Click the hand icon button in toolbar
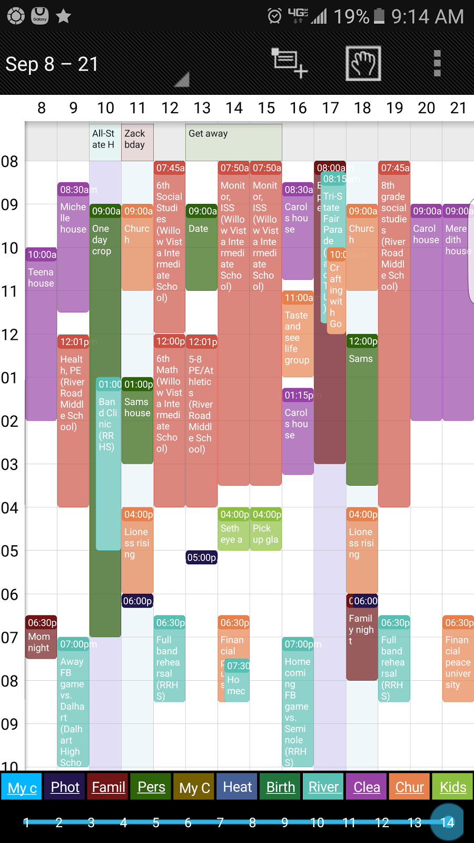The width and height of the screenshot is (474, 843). [363, 63]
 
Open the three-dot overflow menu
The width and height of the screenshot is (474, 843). [437, 63]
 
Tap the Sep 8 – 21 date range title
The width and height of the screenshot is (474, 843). [52, 64]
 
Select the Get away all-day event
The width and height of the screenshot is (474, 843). [233, 142]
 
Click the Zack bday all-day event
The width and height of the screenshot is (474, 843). [137, 142]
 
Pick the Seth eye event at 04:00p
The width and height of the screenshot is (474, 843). [233, 530]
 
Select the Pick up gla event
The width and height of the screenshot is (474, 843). [266, 530]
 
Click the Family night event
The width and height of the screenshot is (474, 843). [362, 638]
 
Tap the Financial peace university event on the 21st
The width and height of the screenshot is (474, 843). [458, 659]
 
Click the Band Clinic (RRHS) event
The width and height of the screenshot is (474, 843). [108, 464]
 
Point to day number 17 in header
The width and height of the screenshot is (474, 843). [330, 108]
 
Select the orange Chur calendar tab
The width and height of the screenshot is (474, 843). [409, 787]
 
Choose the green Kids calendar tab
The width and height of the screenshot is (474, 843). [452, 787]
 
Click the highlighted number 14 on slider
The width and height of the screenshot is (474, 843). [447, 822]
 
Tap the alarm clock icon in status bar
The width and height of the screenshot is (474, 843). [274, 16]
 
